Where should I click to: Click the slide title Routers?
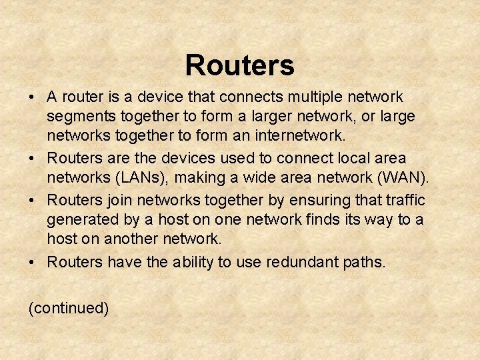[239, 65]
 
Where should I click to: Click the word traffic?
[403, 199]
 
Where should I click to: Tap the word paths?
[364, 262]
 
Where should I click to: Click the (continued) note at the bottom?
[68, 308]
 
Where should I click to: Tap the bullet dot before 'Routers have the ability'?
[32, 263]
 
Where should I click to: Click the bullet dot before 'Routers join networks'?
[32, 200]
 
